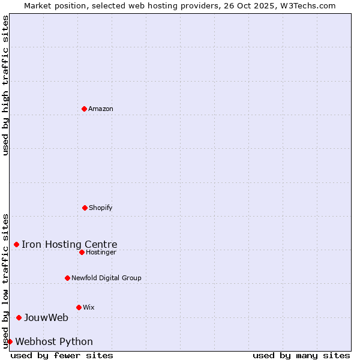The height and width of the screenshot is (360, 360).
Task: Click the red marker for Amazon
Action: coord(84,109)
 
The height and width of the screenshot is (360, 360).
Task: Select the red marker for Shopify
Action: coord(85,208)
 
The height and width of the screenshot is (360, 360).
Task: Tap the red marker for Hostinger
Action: coord(82,252)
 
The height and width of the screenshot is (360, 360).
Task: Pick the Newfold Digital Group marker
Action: coord(67,278)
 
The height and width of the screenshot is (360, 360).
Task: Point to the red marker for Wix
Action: coord(79,307)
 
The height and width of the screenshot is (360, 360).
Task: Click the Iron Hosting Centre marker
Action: coord(16,244)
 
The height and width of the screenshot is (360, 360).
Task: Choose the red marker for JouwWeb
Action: coord(19,317)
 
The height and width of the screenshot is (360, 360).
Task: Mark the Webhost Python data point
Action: coord(10,341)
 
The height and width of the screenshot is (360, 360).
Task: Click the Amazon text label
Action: coord(101,109)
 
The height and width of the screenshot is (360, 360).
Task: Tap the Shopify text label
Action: coord(101,208)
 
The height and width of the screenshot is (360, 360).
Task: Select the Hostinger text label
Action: coord(101,252)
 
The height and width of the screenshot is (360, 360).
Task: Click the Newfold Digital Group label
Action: coord(106,278)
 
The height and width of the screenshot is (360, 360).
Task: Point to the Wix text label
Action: coord(89,307)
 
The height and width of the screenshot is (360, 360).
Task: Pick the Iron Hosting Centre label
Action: coord(70,244)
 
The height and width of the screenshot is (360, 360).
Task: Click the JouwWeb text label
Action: coord(46,317)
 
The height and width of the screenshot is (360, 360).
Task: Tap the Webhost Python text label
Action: coord(54,341)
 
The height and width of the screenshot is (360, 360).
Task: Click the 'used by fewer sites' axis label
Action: coord(62,355)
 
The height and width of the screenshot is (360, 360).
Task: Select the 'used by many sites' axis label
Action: coord(301,355)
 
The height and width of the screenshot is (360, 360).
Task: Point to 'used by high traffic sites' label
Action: coord(5,85)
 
